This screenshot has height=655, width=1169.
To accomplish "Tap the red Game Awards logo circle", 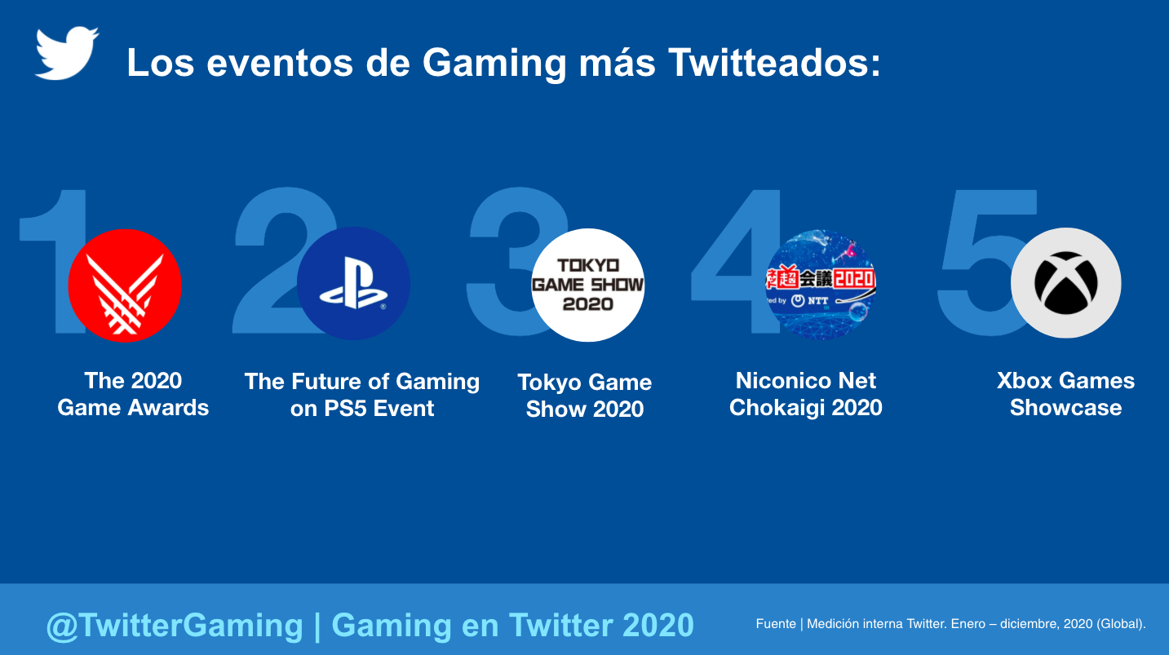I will coord(125,285).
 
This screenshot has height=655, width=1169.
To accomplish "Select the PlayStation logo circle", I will coord(353,284).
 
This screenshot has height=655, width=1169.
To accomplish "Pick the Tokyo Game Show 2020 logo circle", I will coord(587,285).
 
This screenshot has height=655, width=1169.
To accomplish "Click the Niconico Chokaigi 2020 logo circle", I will coord(820,284).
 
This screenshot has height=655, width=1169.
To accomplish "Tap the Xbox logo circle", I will coord(1065,283).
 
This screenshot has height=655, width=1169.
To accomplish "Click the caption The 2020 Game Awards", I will coord(133,394).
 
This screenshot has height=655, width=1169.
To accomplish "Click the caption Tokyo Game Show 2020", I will coord(585,396).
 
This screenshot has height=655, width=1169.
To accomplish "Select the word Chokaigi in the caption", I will coord(780,407).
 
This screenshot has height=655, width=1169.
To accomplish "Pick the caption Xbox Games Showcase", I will coord(1065,394).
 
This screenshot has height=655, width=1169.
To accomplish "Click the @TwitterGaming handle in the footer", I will coord(175,626).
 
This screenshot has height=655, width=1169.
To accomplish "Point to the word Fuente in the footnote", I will coord(776,624).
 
